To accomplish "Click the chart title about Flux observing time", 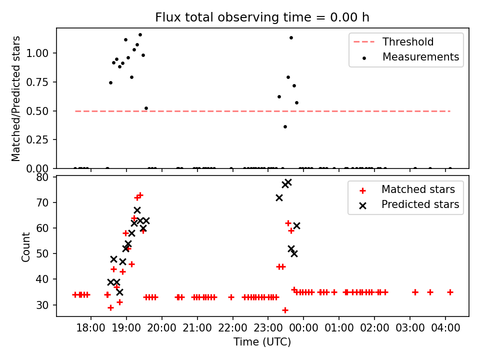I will [x=262, y=17].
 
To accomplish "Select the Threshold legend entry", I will [x=408, y=42].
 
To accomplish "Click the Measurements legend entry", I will [x=420, y=57].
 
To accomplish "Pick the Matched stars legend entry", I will [x=418, y=189].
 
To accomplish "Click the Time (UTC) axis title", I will [x=262, y=342].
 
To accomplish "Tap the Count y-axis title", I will [x=26, y=246].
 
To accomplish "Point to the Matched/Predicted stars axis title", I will [x=16, y=98].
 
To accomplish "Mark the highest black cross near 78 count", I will [x=288, y=182].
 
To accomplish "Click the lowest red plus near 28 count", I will [x=285, y=310].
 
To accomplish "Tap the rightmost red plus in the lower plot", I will [x=450, y=292].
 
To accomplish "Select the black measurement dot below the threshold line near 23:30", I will [x=285, y=126].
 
